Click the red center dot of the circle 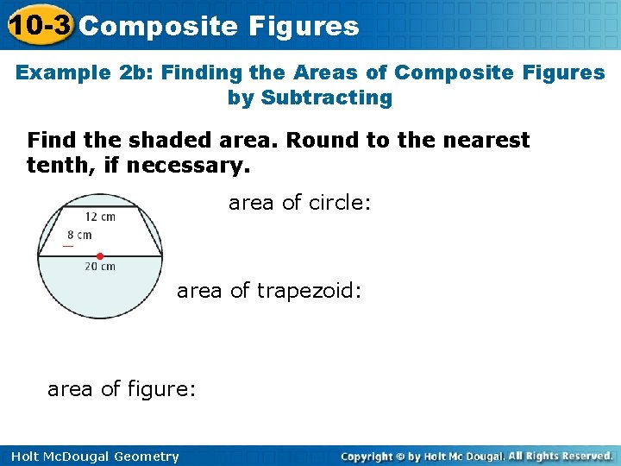[x=100, y=256]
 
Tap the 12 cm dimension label [x=100, y=217]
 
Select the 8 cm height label [x=79, y=235]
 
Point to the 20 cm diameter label [x=100, y=268]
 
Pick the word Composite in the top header [x=157, y=26]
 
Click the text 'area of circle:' [x=299, y=203]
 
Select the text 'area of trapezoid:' [x=269, y=291]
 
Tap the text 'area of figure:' [x=122, y=389]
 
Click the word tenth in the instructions [x=58, y=164]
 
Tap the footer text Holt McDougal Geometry [x=91, y=457]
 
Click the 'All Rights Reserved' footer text [x=559, y=456]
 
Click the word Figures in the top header [x=304, y=26]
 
